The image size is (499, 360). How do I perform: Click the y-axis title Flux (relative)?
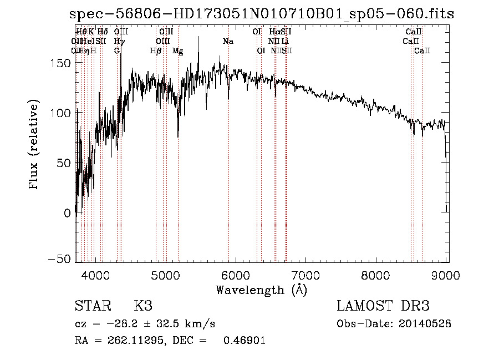point(35,145)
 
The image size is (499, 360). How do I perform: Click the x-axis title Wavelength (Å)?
point(261,290)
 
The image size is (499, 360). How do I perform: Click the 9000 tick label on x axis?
point(447,275)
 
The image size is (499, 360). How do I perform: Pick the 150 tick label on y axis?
point(61,63)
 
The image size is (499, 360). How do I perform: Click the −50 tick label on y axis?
point(59,259)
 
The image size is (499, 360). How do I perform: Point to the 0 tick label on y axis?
point(67,212)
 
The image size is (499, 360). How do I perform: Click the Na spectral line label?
point(228,42)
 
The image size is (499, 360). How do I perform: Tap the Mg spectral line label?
point(177,51)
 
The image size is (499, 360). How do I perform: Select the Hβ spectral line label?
point(156,51)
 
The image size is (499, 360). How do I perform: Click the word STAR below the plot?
point(93,307)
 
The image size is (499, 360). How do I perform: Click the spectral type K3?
point(143,307)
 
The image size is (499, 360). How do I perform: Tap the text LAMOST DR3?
point(383,307)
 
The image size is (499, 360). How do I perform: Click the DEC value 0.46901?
point(244,341)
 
